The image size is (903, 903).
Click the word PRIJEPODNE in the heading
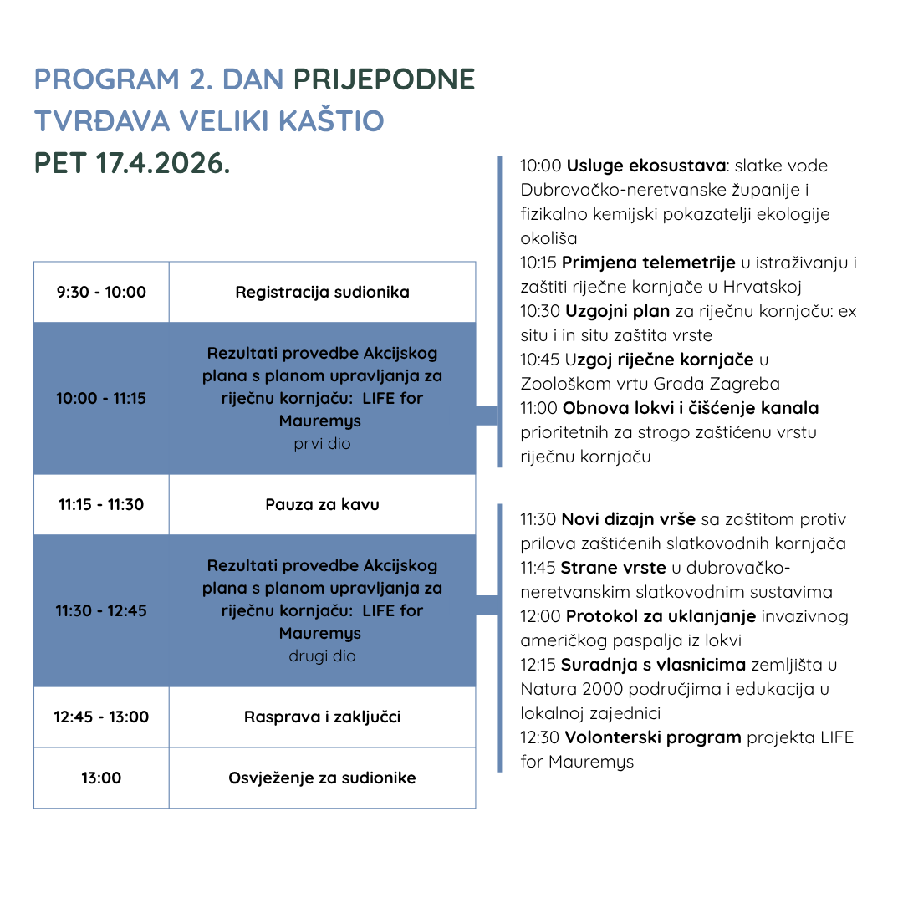pyautogui.click(x=384, y=79)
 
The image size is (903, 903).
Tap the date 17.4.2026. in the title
pyautogui.click(x=163, y=163)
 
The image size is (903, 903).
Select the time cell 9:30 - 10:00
pyautogui.click(x=101, y=292)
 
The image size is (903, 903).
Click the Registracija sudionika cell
pyautogui.click(x=322, y=292)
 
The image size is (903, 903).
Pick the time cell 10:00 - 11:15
pyautogui.click(x=101, y=398)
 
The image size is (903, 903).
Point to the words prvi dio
pyautogui.click(x=322, y=444)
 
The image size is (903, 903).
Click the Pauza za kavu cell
pyautogui.click(x=322, y=504)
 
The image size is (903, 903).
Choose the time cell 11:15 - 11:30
pyautogui.click(x=101, y=504)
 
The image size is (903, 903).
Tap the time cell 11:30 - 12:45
pyautogui.click(x=101, y=610)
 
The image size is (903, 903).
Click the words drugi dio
pyautogui.click(x=322, y=656)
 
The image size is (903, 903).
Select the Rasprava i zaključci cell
pyautogui.click(x=322, y=717)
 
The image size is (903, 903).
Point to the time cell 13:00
pyautogui.click(x=101, y=778)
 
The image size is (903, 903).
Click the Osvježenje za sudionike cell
pyautogui.click(x=322, y=778)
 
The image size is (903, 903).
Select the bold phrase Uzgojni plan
pyautogui.click(x=617, y=311)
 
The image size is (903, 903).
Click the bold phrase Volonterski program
pyautogui.click(x=652, y=737)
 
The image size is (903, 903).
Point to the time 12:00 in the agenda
pyautogui.click(x=539, y=617)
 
